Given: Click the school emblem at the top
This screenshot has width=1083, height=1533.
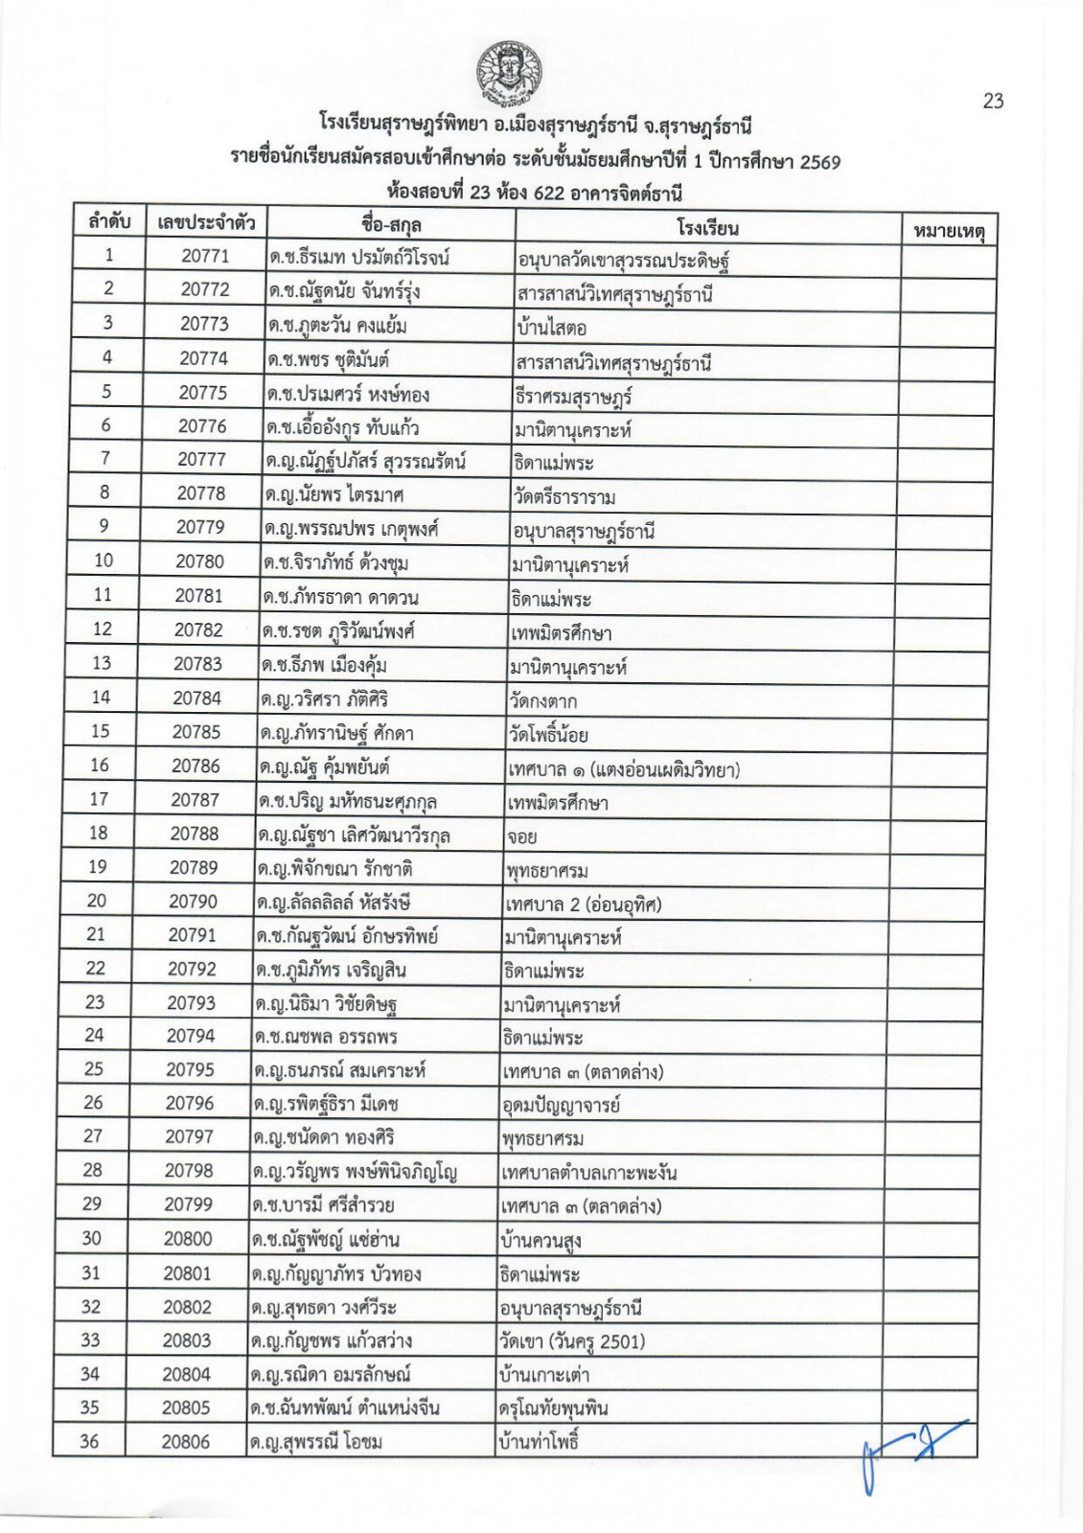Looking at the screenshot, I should click(x=508, y=73).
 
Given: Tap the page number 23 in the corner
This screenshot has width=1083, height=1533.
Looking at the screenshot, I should click(x=993, y=101).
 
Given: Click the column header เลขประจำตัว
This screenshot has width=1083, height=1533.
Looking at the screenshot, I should click(x=205, y=223).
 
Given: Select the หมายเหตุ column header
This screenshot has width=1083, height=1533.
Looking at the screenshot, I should click(x=949, y=231).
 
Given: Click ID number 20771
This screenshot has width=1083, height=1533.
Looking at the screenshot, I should click(x=205, y=256).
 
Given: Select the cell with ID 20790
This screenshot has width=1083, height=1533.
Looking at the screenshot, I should click(x=193, y=901).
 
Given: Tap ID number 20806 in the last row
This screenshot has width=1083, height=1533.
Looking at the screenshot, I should click(x=185, y=1441).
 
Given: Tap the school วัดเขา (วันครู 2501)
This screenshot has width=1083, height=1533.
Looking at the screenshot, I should click(x=571, y=1340).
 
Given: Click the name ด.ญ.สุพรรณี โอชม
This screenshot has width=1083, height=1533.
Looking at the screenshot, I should click(x=315, y=1441).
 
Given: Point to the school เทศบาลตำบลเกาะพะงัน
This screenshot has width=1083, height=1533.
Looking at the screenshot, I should click(x=588, y=1172).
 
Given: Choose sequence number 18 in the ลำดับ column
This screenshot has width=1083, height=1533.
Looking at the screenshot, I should click(x=98, y=833).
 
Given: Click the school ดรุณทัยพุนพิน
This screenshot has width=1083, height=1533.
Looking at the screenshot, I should click(x=553, y=1407).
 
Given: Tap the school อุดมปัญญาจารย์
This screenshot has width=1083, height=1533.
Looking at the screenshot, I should click(x=561, y=1105).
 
